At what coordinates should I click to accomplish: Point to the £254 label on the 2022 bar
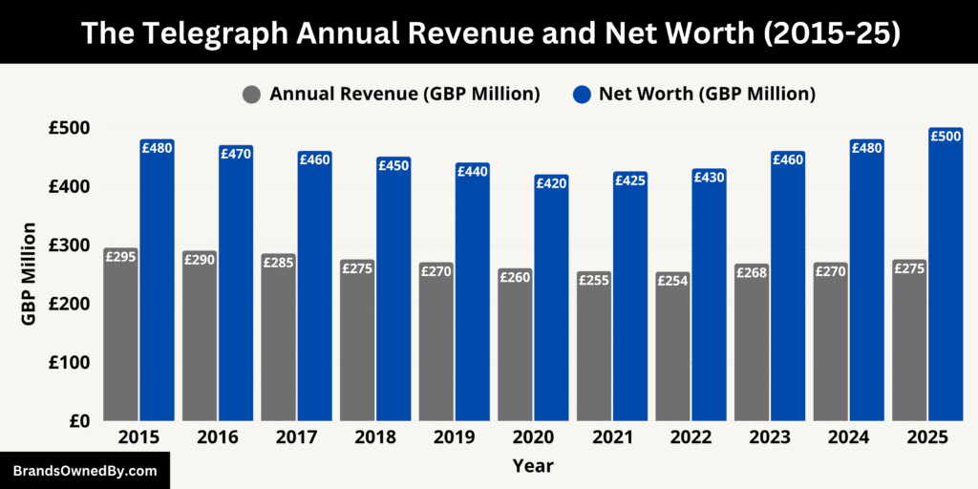[672, 281]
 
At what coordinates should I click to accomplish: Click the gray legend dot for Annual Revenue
[252, 95]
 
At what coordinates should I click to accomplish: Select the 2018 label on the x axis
[374, 437]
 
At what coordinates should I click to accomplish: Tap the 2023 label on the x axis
[769, 437]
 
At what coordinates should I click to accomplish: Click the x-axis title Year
[532, 466]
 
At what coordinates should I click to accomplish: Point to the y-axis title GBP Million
[29, 274]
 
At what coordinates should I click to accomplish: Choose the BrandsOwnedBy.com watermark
[84, 471]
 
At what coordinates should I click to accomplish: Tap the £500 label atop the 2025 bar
[946, 137]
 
